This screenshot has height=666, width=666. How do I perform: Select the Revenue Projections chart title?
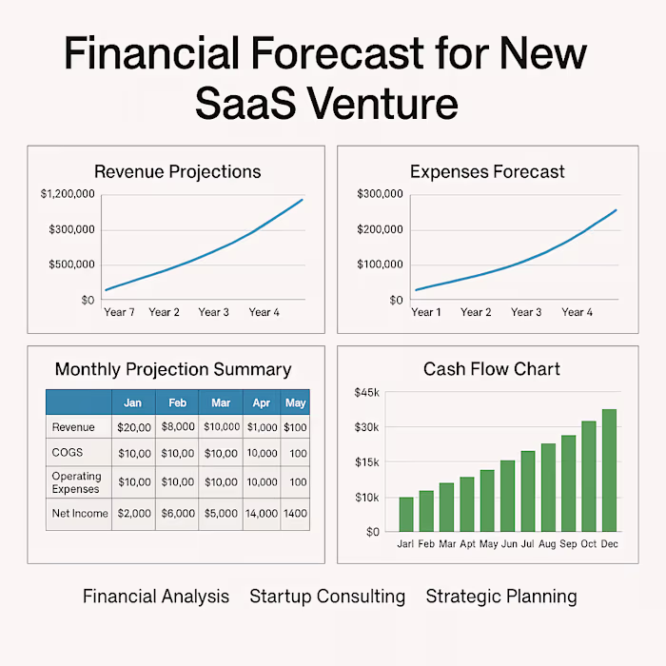pyautogui.click(x=177, y=172)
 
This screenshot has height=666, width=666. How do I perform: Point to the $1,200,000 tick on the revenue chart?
pyautogui.click(x=68, y=194)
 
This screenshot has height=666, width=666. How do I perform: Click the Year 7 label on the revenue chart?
pyautogui.click(x=119, y=312)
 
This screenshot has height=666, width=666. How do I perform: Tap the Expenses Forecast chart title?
pyautogui.click(x=487, y=172)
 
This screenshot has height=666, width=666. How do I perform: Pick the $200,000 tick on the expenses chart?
pyautogui.click(x=380, y=229)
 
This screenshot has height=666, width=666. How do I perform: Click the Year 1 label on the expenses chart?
pyautogui.click(x=425, y=312)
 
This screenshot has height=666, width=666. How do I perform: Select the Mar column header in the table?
pyautogui.click(x=222, y=402)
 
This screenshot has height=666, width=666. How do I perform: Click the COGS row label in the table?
pyautogui.click(x=67, y=454)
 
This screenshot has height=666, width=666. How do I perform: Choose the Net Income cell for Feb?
pyautogui.click(x=178, y=513)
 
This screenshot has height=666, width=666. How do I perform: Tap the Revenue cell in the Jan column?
pyautogui.click(x=134, y=428)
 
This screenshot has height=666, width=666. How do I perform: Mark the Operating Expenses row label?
pyautogui.click(x=76, y=482)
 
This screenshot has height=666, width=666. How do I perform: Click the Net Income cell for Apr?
pyautogui.click(x=262, y=513)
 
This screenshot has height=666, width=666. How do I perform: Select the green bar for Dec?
pyautogui.click(x=609, y=470)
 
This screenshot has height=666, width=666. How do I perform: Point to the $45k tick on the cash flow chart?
pyautogui.click(x=366, y=392)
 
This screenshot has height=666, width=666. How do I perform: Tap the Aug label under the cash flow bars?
pyautogui.click(x=548, y=545)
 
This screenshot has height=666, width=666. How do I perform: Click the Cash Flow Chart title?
pyautogui.click(x=492, y=369)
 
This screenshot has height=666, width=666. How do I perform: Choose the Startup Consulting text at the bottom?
pyautogui.click(x=327, y=597)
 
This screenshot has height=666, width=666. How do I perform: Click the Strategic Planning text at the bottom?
pyautogui.click(x=500, y=597)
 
